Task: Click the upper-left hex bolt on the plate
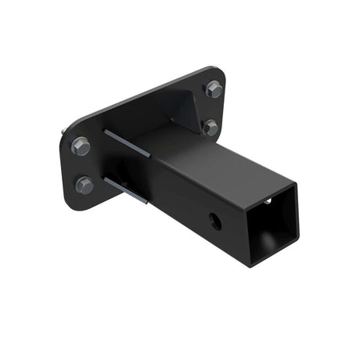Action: [x=80, y=146]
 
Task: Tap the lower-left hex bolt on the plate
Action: [x=85, y=185]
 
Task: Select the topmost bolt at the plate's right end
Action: [x=214, y=90]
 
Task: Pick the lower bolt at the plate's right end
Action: [x=211, y=128]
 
